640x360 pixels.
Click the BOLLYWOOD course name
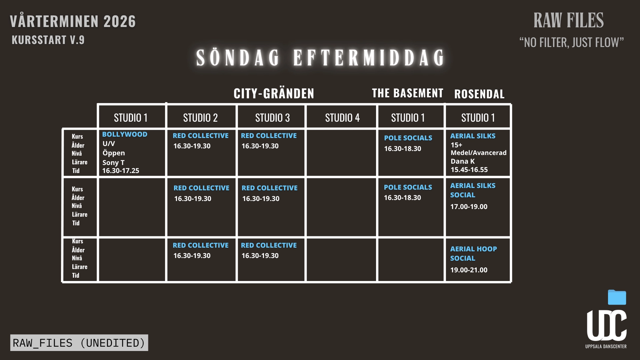pyautogui.click(x=125, y=134)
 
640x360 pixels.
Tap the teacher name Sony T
pyautogui.click(x=113, y=163)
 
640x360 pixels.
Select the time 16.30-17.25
pyautogui.click(x=121, y=171)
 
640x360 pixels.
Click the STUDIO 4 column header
pyautogui.click(x=342, y=118)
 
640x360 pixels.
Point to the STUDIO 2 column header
pyautogui.click(x=200, y=118)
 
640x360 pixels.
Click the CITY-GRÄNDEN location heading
pyautogui.click(x=274, y=93)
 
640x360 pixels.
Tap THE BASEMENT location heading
pyautogui.click(x=408, y=93)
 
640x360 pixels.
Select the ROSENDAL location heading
pyautogui.click(x=479, y=94)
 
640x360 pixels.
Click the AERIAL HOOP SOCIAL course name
pyautogui.click(x=473, y=254)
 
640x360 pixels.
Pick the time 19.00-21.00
pyautogui.click(x=469, y=270)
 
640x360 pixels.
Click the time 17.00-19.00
pyautogui.click(x=469, y=207)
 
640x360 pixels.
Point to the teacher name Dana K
pyautogui.click(x=463, y=161)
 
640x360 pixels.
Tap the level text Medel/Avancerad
pyautogui.click(x=479, y=153)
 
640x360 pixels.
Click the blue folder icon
pyautogui.click(x=617, y=297)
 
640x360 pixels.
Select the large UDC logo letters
pyautogui.click(x=607, y=325)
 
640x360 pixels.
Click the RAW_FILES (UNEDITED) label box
pyautogui.click(x=79, y=343)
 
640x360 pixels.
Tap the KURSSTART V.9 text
pyautogui.click(x=48, y=40)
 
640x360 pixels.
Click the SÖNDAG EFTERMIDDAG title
pyautogui.click(x=320, y=58)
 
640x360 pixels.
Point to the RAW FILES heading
pyautogui.click(x=569, y=20)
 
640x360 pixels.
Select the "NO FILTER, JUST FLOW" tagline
pyautogui.click(x=571, y=42)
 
